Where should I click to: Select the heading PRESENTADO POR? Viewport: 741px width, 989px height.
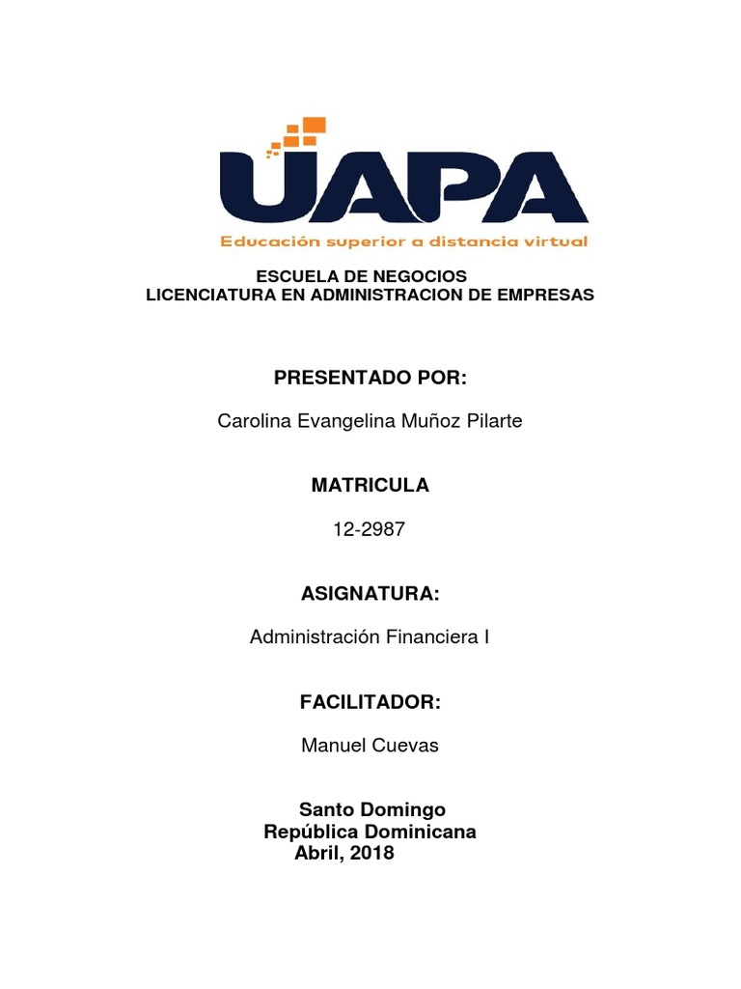click(x=370, y=378)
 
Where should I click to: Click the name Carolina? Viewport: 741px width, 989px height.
click(x=252, y=422)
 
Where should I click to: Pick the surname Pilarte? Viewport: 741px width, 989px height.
click(x=493, y=422)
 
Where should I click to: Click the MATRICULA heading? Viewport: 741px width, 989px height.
click(x=370, y=486)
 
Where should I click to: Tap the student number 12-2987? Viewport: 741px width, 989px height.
click(x=370, y=529)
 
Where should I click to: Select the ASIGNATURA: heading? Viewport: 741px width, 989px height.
click(x=370, y=594)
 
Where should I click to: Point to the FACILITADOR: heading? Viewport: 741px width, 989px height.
click(x=370, y=702)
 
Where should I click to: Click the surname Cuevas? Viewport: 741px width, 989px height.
click(x=406, y=746)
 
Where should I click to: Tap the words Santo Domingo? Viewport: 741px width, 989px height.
click(x=372, y=809)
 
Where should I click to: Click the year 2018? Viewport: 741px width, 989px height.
click(x=371, y=854)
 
